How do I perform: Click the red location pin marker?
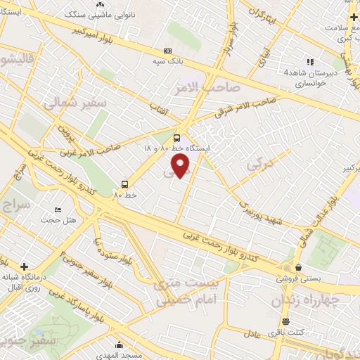(x=181, y=166)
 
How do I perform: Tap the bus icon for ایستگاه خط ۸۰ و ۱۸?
(x=176, y=138)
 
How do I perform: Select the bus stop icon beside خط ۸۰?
(x=124, y=185)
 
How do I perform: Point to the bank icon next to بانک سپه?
(x=167, y=51)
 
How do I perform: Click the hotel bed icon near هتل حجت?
(x=58, y=210)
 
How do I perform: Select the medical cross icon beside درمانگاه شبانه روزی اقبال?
(x=25, y=266)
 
